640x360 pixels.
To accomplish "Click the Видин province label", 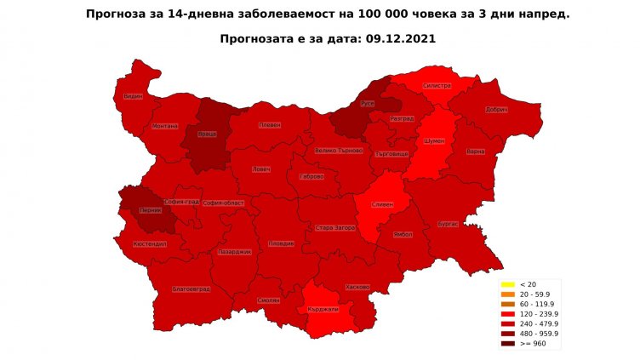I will pos(133,96).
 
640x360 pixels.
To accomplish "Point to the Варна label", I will pos(476,151).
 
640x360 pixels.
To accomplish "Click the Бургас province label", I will pos(448,223).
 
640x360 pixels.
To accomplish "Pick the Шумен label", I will pos(433,141).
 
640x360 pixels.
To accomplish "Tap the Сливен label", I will pos(380,204).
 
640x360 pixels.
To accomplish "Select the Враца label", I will pos(208,134).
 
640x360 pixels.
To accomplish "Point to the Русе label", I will pos(368,103).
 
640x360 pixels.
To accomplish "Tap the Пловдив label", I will pos(281,243).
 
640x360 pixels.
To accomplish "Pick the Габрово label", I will pos(312,176).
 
